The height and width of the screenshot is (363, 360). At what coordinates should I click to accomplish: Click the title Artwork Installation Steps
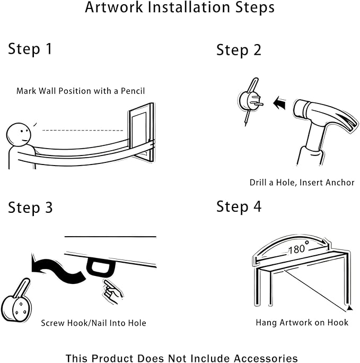180,7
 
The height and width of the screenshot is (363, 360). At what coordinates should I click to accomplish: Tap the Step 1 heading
30,49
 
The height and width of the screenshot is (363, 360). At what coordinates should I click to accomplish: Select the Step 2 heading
239,50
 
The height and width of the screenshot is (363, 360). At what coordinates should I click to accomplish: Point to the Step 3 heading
30,208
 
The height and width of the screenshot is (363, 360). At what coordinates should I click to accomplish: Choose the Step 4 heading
239,206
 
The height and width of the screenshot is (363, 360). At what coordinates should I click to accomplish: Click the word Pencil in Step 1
133,91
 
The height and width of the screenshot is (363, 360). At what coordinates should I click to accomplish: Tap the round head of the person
19,134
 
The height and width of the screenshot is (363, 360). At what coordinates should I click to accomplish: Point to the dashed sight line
83,131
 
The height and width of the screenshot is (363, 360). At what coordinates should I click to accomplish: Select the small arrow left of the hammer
279,103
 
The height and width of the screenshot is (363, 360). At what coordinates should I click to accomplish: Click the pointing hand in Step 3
113,292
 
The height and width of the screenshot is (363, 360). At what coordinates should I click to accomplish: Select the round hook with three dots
16,303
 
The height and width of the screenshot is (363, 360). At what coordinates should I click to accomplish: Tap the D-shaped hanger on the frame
101,266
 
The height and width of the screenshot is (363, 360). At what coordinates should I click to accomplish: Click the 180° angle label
298,248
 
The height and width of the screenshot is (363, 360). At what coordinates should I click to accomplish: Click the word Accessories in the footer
266,358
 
